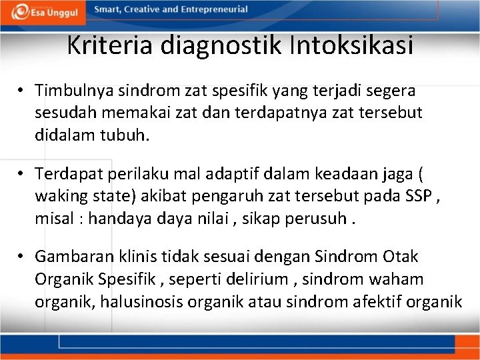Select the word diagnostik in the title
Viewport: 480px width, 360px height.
point(227,45)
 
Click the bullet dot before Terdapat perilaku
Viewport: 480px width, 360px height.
point(22,173)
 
